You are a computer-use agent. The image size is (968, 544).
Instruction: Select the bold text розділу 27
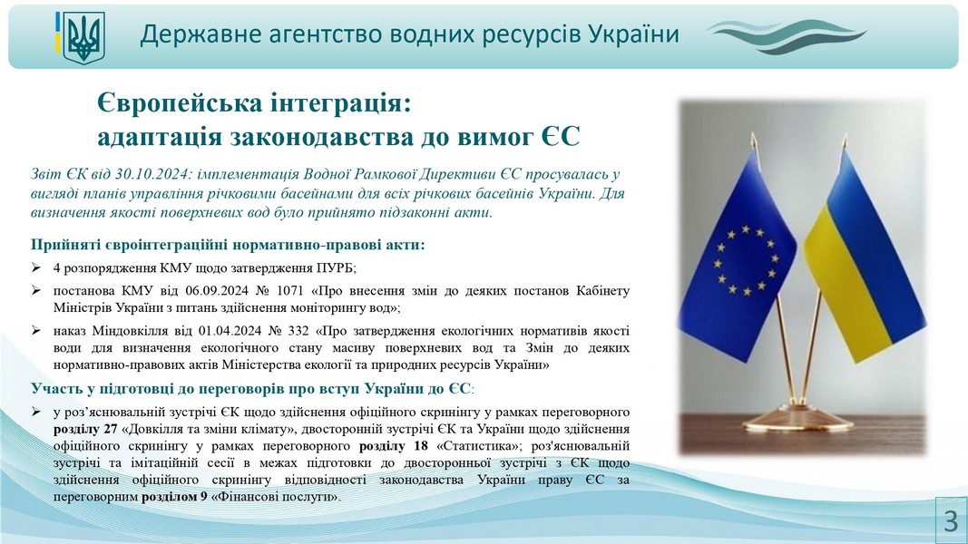[84, 429]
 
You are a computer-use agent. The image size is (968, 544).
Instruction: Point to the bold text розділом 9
[174, 497]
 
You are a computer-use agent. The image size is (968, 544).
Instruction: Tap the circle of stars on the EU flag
[747, 259]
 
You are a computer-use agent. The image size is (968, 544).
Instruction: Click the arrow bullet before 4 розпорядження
[36, 267]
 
